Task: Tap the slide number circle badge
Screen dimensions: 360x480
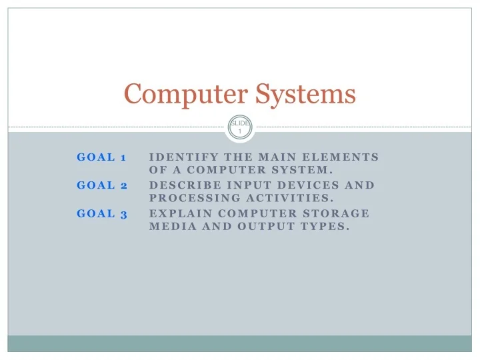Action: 240,127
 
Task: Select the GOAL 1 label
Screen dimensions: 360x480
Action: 102,157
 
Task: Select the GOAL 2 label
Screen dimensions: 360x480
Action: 102,185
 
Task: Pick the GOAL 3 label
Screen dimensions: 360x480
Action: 102,213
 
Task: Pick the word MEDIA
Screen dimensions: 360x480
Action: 168,226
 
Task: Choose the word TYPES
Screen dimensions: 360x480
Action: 326,226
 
